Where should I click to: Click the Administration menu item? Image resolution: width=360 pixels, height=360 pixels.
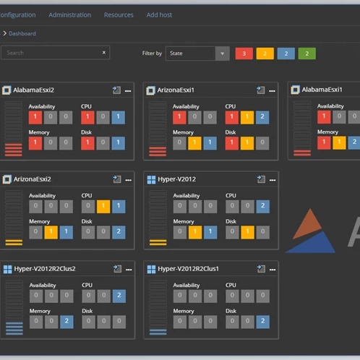click(69, 14)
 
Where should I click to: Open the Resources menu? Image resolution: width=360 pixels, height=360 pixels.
click(119, 14)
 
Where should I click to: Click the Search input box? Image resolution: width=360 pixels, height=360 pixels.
click(51, 53)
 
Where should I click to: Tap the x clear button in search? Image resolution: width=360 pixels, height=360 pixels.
click(103, 53)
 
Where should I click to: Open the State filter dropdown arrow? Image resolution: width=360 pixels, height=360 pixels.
click(222, 53)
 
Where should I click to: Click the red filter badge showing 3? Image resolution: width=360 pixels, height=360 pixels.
click(244, 53)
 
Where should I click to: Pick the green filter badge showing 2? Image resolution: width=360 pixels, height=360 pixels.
click(307, 53)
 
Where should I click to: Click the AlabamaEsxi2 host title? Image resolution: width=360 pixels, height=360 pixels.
click(33, 90)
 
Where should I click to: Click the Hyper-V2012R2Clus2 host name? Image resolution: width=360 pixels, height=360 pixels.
click(44, 269)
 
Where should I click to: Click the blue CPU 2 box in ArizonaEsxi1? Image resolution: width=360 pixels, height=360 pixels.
click(262, 116)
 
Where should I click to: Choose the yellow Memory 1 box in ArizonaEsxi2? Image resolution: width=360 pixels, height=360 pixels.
click(51, 232)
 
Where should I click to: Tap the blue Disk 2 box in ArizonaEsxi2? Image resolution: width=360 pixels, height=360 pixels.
click(118, 232)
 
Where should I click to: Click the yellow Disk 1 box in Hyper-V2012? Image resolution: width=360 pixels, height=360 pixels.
click(247, 232)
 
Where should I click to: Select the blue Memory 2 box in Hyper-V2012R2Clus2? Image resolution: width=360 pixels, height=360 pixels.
click(66, 321)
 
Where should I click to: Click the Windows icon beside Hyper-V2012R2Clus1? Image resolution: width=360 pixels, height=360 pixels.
click(151, 269)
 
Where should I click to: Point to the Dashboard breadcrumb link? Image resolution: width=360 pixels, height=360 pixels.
click(22, 33)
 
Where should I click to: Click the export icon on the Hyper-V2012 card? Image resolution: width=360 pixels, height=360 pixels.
click(260, 179)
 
